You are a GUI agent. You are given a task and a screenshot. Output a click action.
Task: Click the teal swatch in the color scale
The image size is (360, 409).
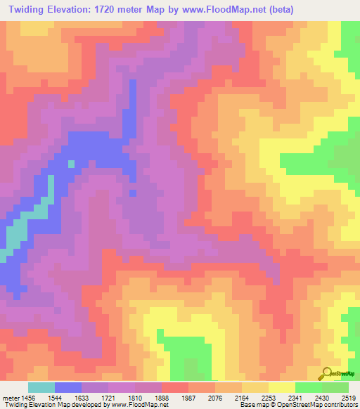click(41, 387)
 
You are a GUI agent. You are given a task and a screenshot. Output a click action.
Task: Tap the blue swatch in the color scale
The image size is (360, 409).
click(68, 387)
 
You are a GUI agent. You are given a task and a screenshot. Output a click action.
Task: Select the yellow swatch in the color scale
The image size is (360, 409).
click(282, 387)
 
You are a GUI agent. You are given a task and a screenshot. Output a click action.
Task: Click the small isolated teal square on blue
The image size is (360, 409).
click(71, 164)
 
